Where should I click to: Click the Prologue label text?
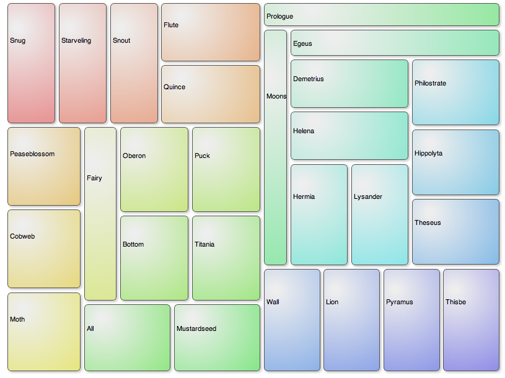click(279, 16)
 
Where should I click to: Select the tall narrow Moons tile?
click(275, 147)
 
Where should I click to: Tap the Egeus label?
click(302, 44)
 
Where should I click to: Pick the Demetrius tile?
click(349, 84)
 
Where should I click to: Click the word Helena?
click(304, 131)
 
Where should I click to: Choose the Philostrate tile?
click(455, 92)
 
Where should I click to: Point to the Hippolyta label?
click(428, 154)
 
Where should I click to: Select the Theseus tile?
click(455, 232)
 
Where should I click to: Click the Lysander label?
click(368, 197)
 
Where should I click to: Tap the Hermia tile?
click(318, 214)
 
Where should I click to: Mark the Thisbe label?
click(455, 302)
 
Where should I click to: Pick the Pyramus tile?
click(411, 320)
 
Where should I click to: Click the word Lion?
click(332, 302)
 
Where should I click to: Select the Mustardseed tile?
click(217, 338)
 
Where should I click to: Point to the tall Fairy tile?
click(100, 214)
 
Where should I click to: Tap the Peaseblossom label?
click(32, 154)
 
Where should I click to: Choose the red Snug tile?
click(31, 63)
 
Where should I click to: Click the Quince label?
click(174, 87)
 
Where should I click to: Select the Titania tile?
click(226, 258)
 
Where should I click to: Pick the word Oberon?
click(134, 156)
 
